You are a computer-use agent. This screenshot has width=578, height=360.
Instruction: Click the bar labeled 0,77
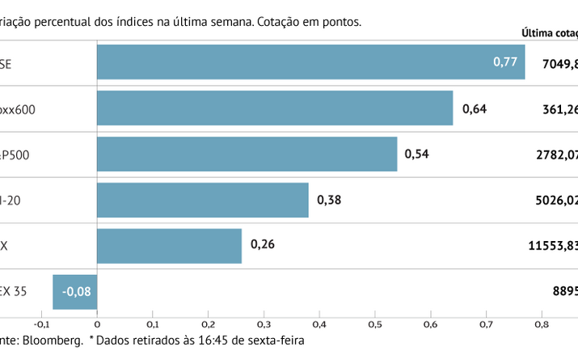tap(310, 62)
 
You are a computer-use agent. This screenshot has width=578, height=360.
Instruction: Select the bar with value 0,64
tap(275, 108)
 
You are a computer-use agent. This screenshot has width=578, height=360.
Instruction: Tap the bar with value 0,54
tap(247, 155)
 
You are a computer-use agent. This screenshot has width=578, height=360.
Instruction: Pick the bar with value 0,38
tap(202, 200)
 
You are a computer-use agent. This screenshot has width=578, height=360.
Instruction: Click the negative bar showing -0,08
tap(74, 292)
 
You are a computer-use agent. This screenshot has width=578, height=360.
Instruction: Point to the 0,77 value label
tap(505, 62)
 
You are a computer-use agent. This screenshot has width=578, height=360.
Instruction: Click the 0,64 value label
tap(475, 108)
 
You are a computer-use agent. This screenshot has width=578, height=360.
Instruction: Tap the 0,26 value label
tap(263, 246)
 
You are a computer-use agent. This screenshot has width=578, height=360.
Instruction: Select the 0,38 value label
tap(329, 200)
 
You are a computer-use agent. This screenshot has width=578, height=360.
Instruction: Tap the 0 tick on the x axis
tap(96, 324)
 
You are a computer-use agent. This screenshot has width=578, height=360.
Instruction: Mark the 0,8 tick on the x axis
tap(540, 324)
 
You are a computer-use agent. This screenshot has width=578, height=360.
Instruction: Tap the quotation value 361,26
tap(559, 108)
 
